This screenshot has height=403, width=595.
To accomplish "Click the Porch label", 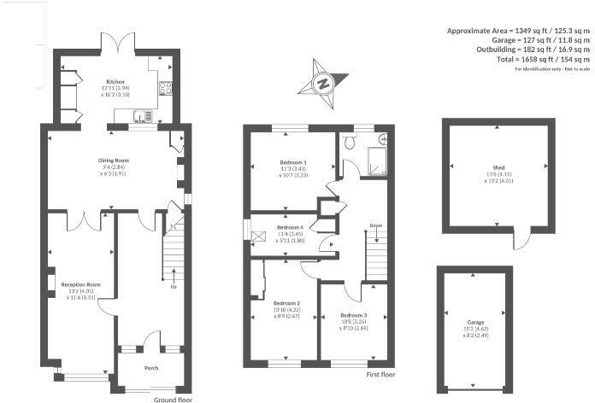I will [x=150, y=368].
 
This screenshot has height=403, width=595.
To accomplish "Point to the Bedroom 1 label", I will [x=294, y=162].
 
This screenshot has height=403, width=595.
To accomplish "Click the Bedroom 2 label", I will [x=286, y=303].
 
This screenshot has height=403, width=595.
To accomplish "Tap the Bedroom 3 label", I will [x=352, y=314].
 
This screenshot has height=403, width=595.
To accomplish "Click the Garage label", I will [x=475, y=323].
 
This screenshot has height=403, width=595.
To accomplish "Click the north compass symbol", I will [x=323, y=84].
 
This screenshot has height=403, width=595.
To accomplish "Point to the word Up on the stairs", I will [x=174, y=286].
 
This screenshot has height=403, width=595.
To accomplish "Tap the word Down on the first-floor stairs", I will [x=375, y=226].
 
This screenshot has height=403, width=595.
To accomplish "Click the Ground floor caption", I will [x=172, y=399].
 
